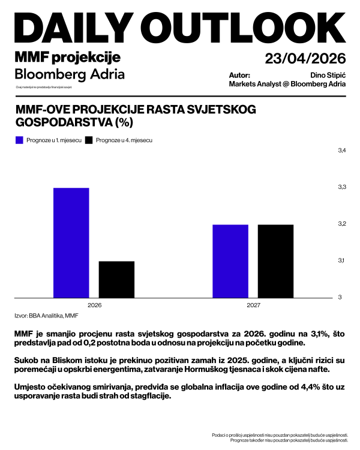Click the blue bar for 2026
click(71, 243)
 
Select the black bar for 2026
click(116, 280)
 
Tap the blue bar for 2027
click(230, 261)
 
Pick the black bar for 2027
click(276, 261)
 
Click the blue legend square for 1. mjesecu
click(19, 140)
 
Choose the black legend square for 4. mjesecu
click(89, 140)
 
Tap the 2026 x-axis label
click(94, 305)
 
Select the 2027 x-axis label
click(253, 305)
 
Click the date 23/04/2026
click(305, 58)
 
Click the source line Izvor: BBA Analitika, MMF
click(46, 315)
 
